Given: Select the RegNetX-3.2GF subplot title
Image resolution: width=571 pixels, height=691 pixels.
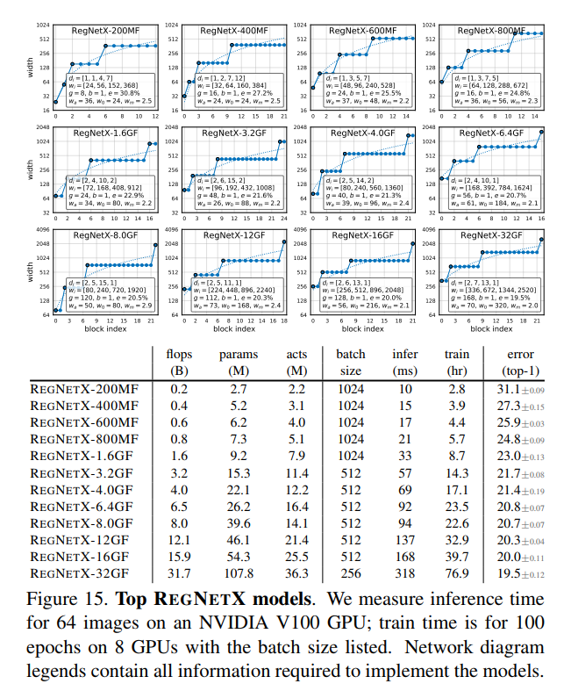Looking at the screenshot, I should click(x=234, y=133).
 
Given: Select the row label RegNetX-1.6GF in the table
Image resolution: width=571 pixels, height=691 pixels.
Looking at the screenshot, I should click(x=84, y=456).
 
